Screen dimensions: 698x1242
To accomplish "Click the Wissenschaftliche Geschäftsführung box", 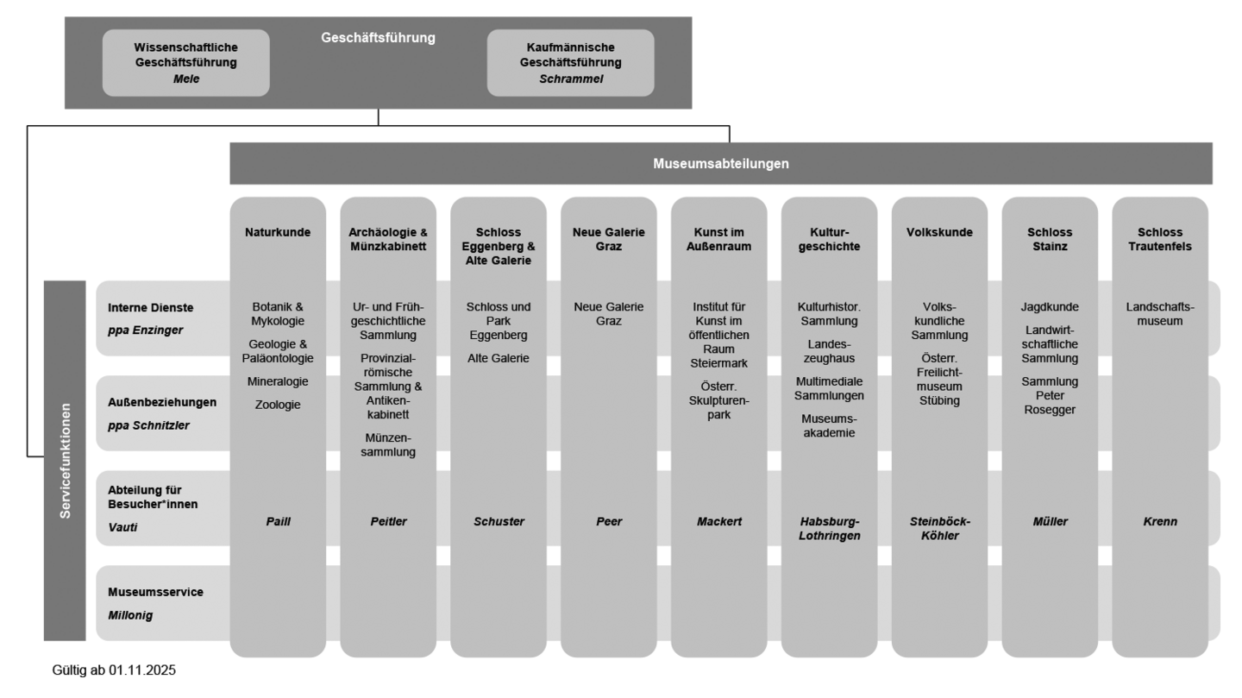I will (x=185, y=62).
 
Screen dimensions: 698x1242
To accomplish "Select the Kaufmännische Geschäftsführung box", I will (x=570, y=62).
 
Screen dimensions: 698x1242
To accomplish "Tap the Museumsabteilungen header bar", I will (x=720, y=163).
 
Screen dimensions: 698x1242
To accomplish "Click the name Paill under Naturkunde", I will (x=278, y=521).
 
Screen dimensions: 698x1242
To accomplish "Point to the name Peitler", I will (x=388, y=521).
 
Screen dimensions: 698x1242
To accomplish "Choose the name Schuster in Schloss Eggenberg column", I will (x=499, y=521).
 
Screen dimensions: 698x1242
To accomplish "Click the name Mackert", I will (x=719, y=521).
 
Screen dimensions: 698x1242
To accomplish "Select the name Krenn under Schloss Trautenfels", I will (x=1160, y=521).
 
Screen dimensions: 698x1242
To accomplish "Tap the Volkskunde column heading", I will (x=939, y=232).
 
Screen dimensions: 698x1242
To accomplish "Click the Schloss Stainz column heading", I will (x=1050, y=239).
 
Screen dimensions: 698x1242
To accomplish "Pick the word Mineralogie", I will (x=278, y=381).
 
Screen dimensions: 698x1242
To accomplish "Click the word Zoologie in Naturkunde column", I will (x=278, y=404).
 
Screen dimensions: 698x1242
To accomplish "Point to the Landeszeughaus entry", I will (x=830, y=351).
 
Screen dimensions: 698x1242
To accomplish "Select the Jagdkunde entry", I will (x=1050, y=307).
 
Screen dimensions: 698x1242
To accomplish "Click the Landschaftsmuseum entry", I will (x=1160, y=314).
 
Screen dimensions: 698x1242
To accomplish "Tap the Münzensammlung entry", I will (x=388, y=444).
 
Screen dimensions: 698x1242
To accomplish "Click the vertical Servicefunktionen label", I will (x=65, y=461).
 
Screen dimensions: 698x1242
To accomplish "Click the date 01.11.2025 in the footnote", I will (x=142, y=670).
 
